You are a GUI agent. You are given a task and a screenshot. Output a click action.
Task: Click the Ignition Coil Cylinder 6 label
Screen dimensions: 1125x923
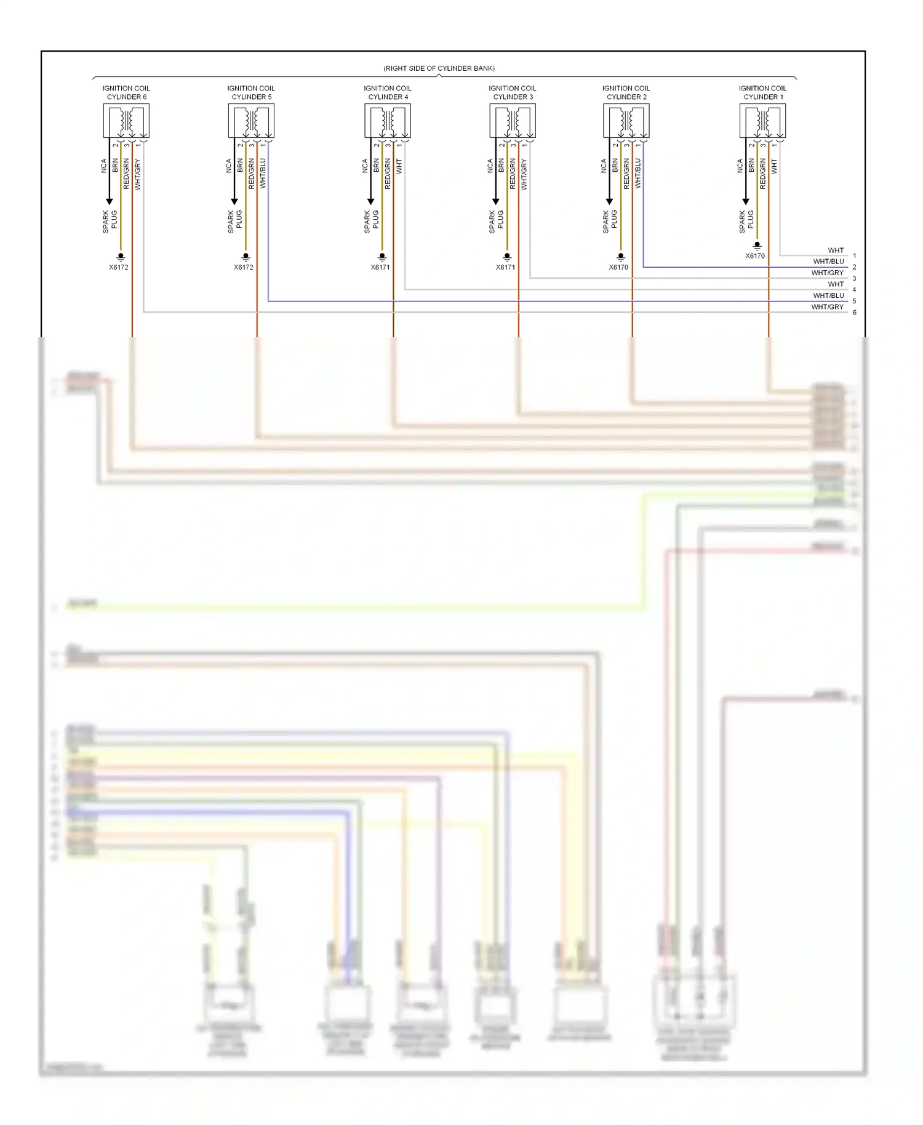[126, 92]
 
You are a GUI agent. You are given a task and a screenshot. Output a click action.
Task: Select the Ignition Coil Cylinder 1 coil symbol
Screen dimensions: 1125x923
[762, 121]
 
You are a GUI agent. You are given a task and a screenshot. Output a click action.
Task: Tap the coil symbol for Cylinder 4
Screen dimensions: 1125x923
[387, 121]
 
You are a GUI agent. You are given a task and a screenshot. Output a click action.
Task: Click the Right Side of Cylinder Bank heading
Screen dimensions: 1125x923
[439, 68]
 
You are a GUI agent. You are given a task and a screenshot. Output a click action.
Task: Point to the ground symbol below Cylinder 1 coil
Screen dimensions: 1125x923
[757, 246]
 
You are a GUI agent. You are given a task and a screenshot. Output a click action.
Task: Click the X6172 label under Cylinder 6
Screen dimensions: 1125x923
[119, 267]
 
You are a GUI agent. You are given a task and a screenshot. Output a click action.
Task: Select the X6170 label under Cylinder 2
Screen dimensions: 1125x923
[618, 267]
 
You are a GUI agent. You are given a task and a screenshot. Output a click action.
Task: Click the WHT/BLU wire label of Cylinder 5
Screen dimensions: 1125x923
[263, 173]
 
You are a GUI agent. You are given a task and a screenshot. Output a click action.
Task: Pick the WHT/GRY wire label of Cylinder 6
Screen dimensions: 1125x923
[138, 174]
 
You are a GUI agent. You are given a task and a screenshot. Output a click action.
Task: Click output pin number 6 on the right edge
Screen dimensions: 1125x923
[854, 313]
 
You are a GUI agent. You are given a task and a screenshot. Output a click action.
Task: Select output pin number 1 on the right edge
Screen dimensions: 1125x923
[854, 255]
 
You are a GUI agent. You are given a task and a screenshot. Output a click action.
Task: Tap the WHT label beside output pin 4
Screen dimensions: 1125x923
[836, 284]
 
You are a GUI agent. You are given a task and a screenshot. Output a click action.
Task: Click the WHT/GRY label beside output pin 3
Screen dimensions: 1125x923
[827, 273]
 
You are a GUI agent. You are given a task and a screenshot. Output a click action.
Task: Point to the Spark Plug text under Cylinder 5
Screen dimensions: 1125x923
[234, 222]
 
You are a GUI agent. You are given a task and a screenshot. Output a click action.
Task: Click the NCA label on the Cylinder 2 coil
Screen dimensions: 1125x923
[604, 166]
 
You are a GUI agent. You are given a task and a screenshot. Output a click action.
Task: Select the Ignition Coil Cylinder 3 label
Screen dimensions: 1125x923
[513, 92]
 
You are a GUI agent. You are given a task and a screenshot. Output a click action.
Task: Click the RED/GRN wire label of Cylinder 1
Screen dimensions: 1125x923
[763, 174]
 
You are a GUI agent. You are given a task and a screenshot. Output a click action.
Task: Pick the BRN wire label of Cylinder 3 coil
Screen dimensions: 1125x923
[501, 165]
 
